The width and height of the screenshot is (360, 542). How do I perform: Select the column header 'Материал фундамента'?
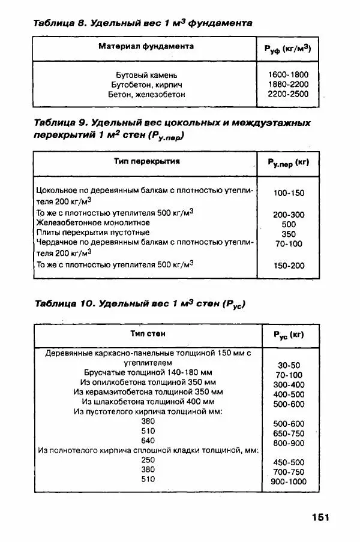tap(146, 46)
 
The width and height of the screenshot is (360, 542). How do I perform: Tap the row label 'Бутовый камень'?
tap(146, 74)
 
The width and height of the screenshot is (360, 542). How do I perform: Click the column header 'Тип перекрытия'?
tap(146, 161)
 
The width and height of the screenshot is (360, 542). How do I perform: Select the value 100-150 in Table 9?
tap(289, 193)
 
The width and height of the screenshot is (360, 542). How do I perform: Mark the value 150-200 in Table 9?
tap(289, 266)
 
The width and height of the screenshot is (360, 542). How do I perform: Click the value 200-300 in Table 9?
tap(289, 215)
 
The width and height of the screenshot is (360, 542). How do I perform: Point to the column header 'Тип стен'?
tap(148, 333)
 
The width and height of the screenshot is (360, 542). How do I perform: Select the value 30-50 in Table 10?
tap(289, 365)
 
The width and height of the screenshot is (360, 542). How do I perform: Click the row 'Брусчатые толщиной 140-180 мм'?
tap(147, 372)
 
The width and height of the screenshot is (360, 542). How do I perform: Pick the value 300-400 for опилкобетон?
tap(289, 385)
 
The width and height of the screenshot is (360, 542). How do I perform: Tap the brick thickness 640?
tap(148, 439)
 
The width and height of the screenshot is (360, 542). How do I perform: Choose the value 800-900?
tap(289, 443)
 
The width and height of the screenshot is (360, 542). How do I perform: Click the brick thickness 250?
tap(148, 459)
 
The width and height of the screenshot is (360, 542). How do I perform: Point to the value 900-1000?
tap(289, 482)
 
